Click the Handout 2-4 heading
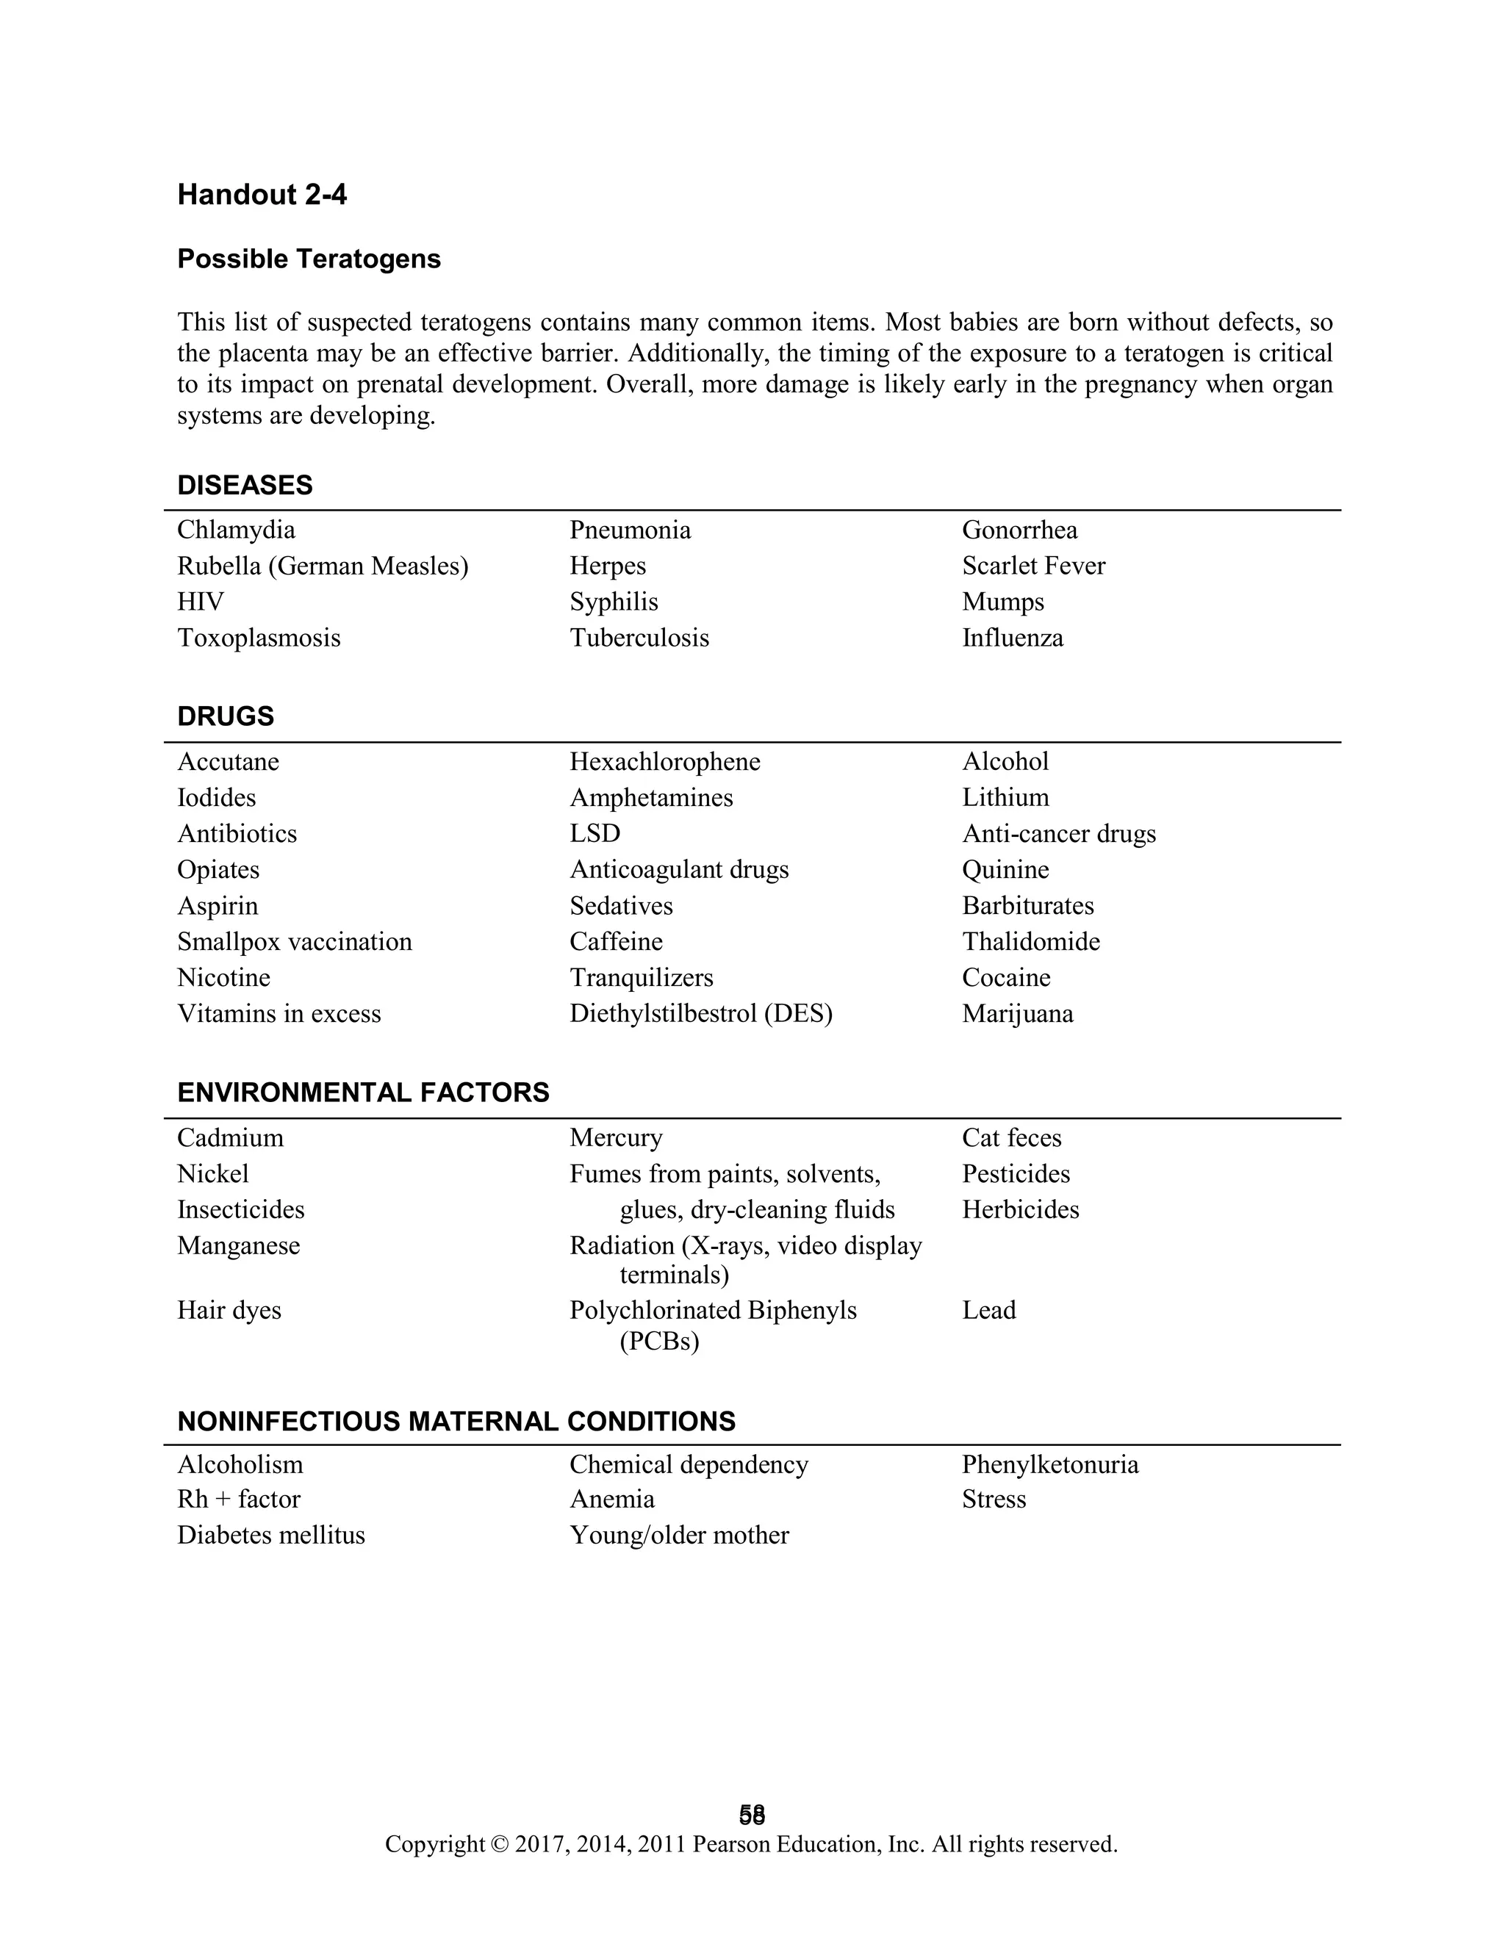pyautogui.click(x=262, y=195)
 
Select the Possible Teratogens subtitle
pyautogui.click(x=309, y=259)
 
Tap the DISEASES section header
pyautogui.click(x=245, y=485)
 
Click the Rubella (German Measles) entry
pyautogui.click(x=323, y=566)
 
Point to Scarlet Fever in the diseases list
pyautogui.click(x=1033, y=566)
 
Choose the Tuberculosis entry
pyautogui.click(x=639, y=638)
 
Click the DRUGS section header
pyautogui.click(x=226, y=717)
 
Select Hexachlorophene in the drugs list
pyautogui.click(x=665, y=762)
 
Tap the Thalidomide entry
pyautogui.click(x=1031, y=943)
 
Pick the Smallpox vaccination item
pyautogui.click(x=294, y=943)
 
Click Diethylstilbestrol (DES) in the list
pyautogui.click(x=701, y=1015)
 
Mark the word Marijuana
pyautogui.click(x=1017, y=1015)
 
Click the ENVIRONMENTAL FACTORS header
pyautogui.click(x=363, y=1093)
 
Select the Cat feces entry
pyautogui.click(x=1012, y=1138)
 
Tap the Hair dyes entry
pyautogui.click(x=229, y=1311)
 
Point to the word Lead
pyautogui.click(x=989, y=1311)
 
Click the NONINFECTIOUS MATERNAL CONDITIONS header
pyautogui.click(x=456, y=1422)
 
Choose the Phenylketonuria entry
pyautogui.click(x=1050, y=1465)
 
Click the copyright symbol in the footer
pyautogui.click(x=499, y=1844)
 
